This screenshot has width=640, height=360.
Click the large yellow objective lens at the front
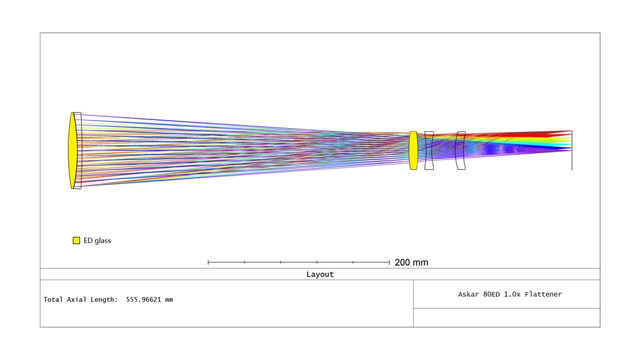click(72, 150)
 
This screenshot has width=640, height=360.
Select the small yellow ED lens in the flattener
click(414, 150)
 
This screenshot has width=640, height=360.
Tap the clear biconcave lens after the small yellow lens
click(429, 150)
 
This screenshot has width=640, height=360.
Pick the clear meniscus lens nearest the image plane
click(461, 150)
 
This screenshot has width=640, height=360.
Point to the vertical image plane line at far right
click(572, 150)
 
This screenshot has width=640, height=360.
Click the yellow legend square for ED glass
click(76, 241)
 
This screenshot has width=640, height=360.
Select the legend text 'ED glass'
click(97, 241)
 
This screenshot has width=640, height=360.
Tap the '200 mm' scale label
click(411, 262)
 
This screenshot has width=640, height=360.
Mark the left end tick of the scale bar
click(208, 262)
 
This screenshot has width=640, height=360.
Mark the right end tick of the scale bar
click(389, 262)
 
